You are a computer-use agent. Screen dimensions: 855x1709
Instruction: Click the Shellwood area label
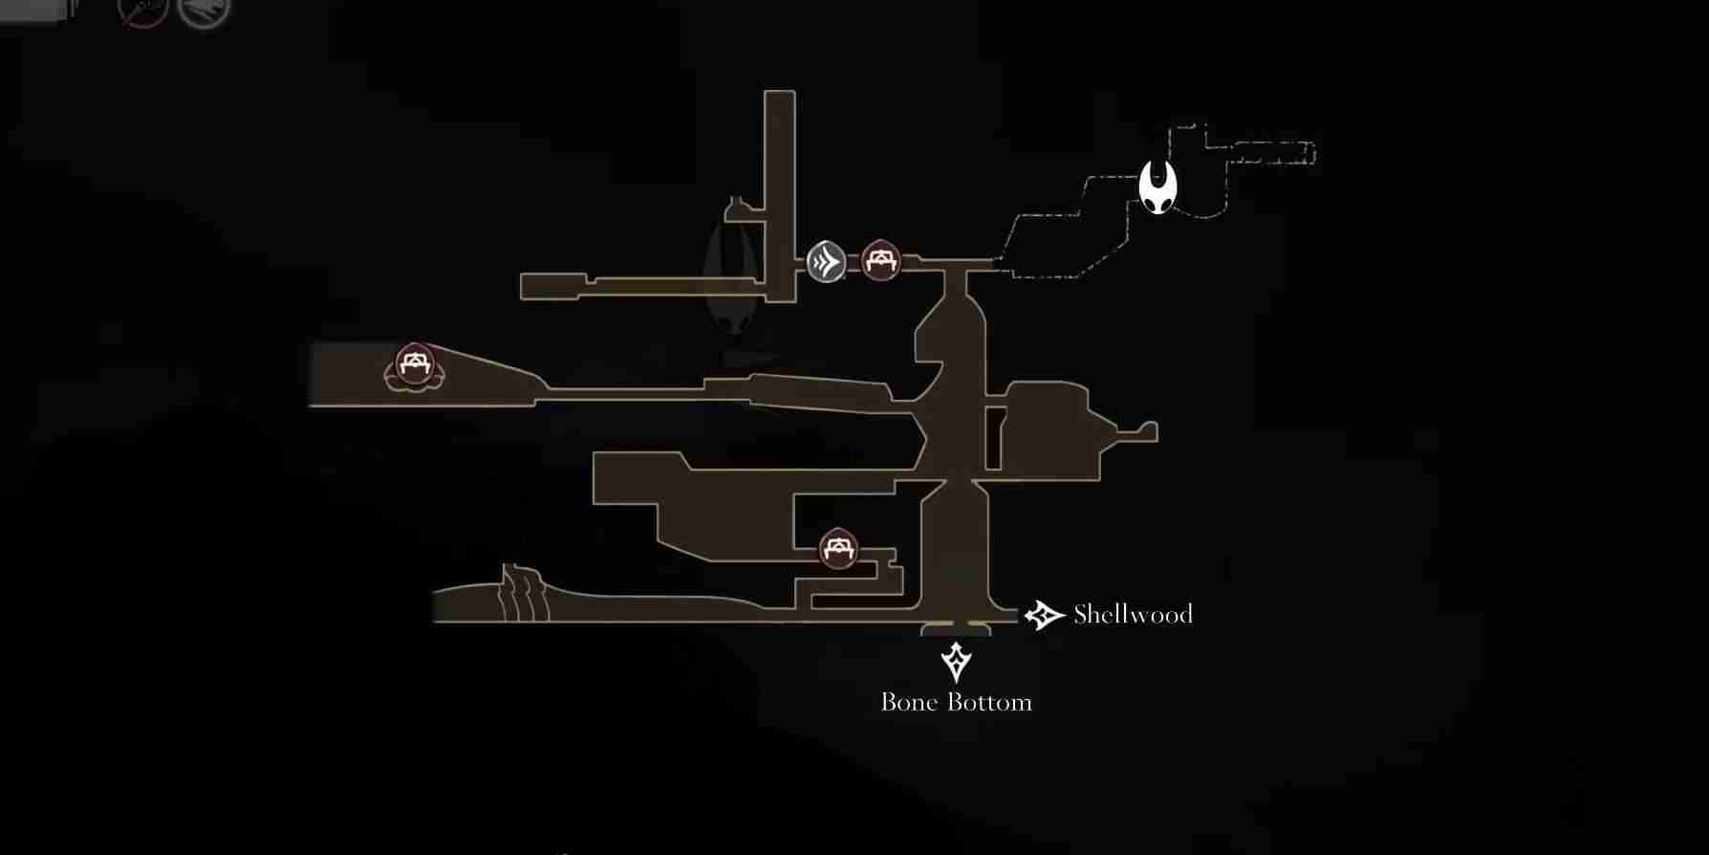point(1133,614)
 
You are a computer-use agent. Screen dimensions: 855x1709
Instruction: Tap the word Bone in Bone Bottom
point(908,702)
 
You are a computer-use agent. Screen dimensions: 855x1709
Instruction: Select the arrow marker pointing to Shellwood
point(1044,615)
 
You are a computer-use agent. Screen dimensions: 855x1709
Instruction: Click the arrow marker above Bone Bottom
point(956,661)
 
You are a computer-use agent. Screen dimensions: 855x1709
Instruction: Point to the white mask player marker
point(1158,186)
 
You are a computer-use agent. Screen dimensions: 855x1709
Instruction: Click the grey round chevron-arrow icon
point(826,261)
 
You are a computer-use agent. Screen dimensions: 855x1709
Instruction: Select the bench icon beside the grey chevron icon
point(880,260)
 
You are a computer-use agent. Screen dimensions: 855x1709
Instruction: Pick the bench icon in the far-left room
point(414,365)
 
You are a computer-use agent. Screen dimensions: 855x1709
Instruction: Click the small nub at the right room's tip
point(1146,432)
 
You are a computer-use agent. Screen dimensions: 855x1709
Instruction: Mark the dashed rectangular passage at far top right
point(1271,153)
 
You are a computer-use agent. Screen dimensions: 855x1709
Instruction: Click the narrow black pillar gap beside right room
point(993,438)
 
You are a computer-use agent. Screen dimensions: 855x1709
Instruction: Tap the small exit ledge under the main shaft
point(956,629)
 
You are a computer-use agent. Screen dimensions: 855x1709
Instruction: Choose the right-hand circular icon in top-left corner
point(204,10)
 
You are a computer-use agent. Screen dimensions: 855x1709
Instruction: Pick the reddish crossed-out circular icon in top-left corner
point(143,10)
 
